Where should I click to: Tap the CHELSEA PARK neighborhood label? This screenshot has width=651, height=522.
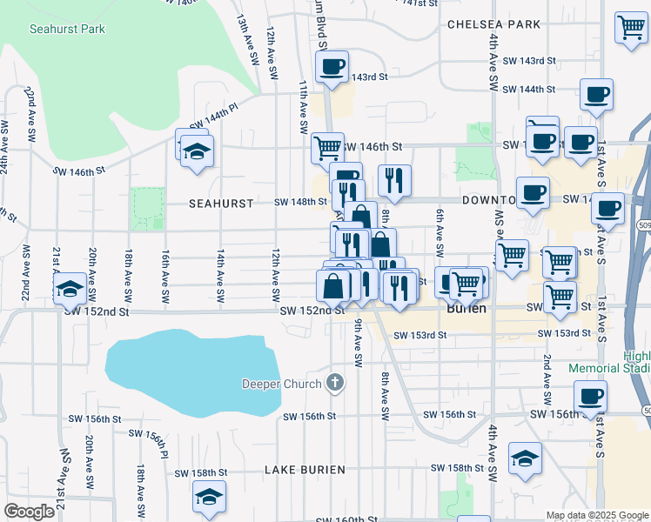(x=493, y=24)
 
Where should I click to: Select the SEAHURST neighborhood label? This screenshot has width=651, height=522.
(x=221, y=203)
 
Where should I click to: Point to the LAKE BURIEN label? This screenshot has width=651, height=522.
(x=305, y=470)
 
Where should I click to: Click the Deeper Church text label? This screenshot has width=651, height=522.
(x=282, y=384)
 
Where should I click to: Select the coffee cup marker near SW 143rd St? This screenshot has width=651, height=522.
(x=332, y=67)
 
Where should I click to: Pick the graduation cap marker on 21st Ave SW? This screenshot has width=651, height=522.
(x=68, y=291)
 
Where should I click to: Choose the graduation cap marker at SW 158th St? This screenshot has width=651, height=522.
(x=526, y=458)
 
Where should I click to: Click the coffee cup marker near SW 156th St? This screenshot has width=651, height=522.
(x=590, y=397)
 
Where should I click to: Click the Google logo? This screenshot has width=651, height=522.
(x=30, y=512)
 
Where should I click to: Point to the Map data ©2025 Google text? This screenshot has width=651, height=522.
(x=596, y=515)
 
